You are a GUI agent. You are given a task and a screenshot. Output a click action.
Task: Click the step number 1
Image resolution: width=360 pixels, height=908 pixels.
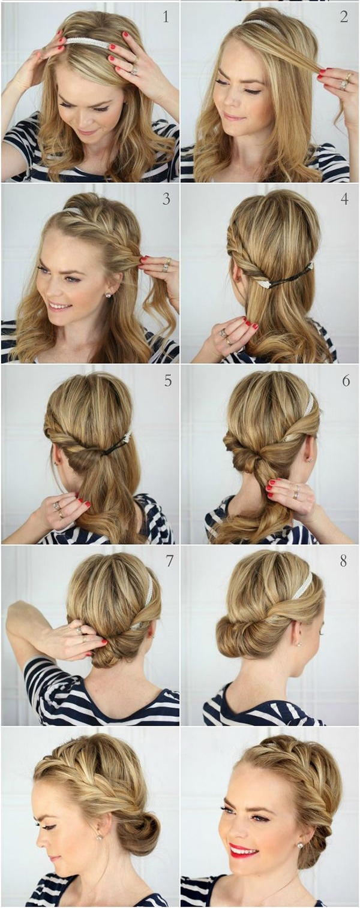(x=165, y=17)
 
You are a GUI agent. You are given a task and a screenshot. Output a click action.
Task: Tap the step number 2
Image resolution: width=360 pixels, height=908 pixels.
(x=344, y=17)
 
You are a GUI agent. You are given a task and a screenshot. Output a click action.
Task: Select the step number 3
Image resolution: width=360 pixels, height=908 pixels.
(x=166, y=198)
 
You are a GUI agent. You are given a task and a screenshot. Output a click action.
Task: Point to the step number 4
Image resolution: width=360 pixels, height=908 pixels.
(x=344, y=198)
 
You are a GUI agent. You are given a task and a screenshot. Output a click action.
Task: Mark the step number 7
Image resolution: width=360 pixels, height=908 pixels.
(x=169, y=560)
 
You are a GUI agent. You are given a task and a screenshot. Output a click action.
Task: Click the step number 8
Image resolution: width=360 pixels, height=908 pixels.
(x=343, y=560)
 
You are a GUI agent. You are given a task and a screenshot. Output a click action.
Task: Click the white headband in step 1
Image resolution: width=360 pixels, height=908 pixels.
(x=87, y=42)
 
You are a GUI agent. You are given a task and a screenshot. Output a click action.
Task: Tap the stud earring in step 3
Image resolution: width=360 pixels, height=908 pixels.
(x=109, y=295)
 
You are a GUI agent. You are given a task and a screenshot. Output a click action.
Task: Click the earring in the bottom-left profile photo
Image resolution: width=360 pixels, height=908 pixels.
(x=98, y=825)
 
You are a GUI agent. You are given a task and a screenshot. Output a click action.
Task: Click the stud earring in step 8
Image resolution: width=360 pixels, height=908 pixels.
(x=299, y=643)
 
